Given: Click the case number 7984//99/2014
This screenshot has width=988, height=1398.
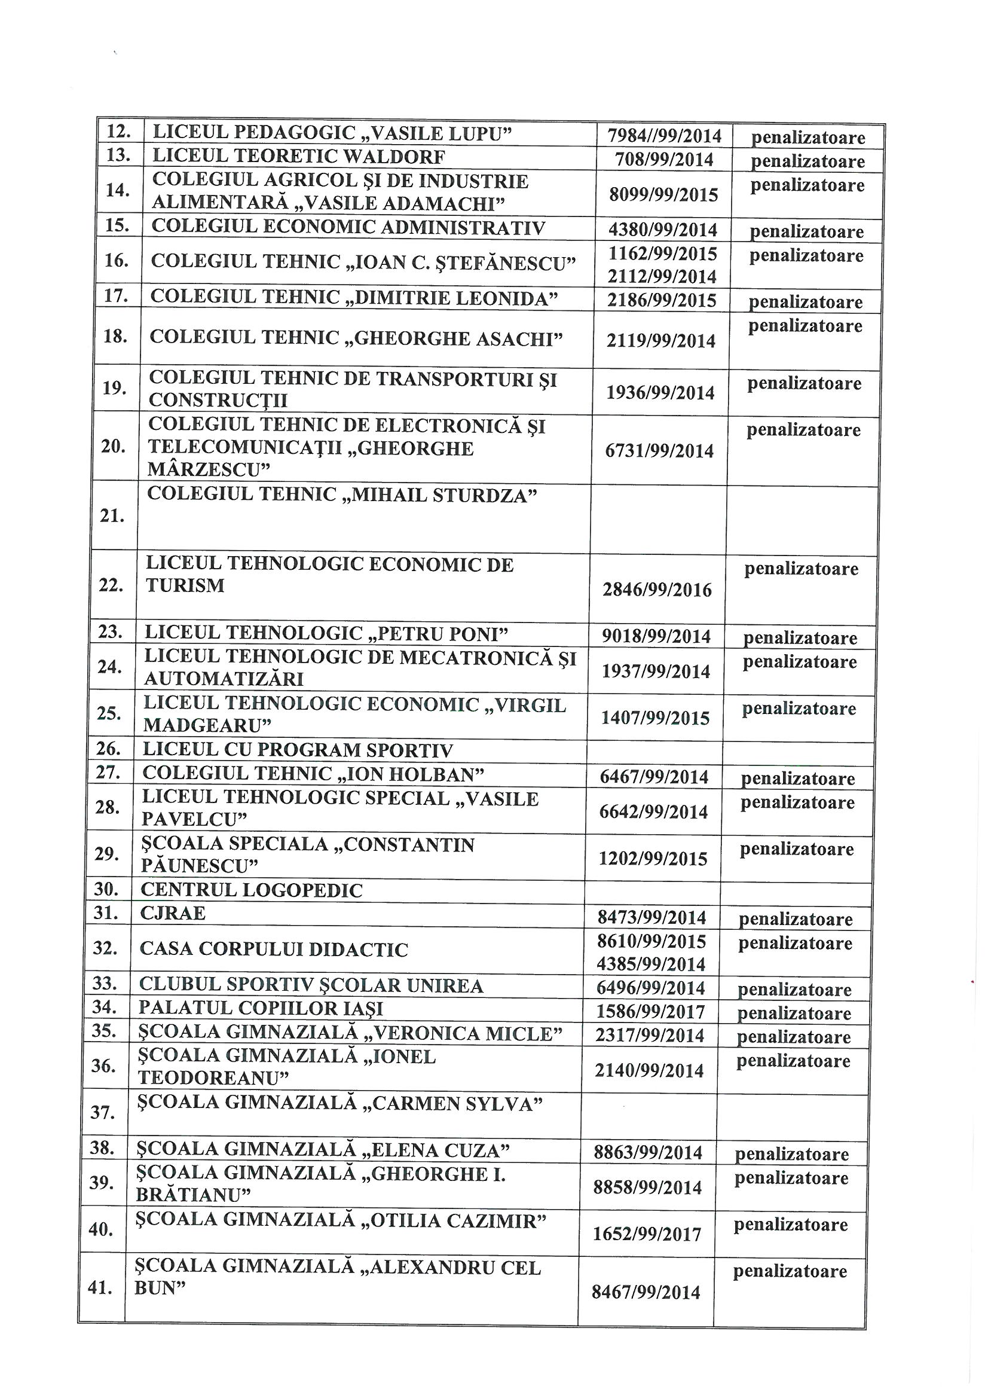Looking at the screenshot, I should coord(665,136).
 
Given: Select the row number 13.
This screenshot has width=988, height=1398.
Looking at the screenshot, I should coord(120,156).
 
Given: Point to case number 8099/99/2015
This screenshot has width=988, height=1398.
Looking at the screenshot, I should coord(663,194).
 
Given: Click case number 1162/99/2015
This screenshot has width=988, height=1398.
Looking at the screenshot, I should coord(663,253).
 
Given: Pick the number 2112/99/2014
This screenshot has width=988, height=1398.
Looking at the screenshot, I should coord(662,276).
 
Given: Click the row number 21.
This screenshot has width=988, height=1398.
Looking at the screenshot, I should coord(112,517).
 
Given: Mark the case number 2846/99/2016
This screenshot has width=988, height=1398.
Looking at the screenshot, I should coord(657,590).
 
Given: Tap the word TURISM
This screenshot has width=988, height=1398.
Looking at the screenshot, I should coord(185,586).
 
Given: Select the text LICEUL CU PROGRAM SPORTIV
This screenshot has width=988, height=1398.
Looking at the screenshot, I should coord(298,750).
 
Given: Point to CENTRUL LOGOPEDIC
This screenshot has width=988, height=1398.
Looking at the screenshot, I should coord(252,890).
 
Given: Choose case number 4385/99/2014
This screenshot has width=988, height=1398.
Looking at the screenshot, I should coord(651,964).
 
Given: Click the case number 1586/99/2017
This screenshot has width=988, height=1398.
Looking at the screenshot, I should coord(650,1012).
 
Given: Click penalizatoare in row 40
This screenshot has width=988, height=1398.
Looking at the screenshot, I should coord(791,1225).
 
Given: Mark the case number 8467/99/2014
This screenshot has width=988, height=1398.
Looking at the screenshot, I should coord(646,1292).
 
